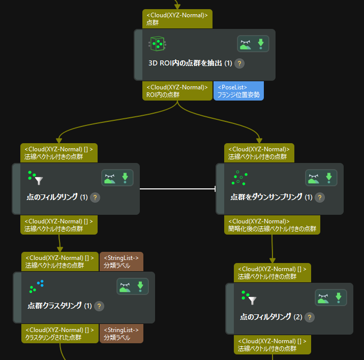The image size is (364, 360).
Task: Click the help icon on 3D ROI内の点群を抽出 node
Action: (240, 63)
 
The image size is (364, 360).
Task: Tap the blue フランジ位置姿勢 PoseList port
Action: (238, 91)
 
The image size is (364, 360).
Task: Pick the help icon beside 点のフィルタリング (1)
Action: (95, 197)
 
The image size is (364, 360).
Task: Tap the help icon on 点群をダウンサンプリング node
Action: (320, 197)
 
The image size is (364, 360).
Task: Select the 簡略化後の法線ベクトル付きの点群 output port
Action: (272, 225)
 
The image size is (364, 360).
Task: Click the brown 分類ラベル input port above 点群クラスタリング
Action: (122, 261)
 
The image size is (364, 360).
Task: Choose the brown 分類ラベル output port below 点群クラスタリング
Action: (122, 334)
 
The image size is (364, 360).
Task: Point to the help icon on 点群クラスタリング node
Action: (100, 306)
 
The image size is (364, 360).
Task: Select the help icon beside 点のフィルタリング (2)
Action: (309, 317)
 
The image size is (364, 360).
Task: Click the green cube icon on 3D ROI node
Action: (158, 44)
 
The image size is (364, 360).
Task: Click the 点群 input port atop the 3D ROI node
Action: (177, 19)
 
